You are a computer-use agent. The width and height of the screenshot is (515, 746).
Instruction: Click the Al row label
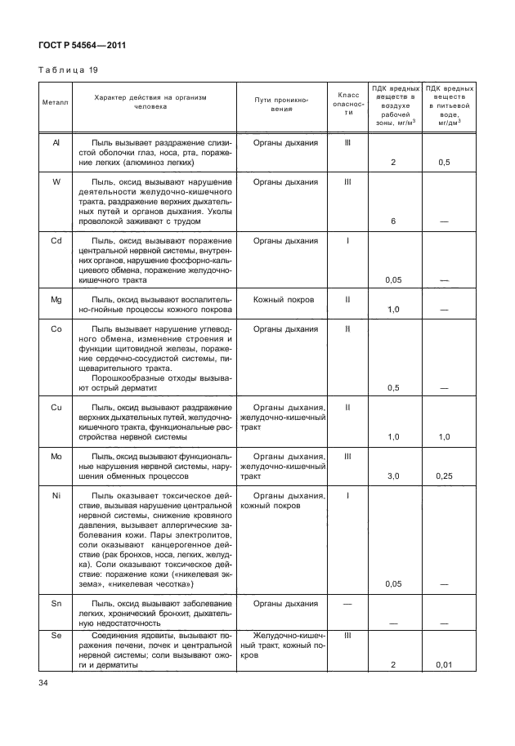point(56,142)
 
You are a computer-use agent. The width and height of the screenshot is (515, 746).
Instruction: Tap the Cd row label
point(56,241)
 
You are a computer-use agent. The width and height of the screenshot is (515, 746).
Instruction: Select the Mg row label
point(56,300)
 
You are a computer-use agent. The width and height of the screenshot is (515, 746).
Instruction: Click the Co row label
point(56,328)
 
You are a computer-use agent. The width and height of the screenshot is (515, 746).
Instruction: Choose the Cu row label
point(56,407)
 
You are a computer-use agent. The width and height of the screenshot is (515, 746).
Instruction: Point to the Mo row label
point(56,456)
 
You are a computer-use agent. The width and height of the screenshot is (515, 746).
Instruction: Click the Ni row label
point(56,495)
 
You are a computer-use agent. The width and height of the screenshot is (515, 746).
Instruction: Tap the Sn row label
point(56,603)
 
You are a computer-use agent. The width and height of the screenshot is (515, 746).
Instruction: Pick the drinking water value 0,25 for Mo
point(445,476)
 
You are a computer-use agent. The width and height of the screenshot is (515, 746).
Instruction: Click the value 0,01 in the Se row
point(445,665)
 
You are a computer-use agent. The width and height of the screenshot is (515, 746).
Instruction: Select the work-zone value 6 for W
point(393,221)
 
